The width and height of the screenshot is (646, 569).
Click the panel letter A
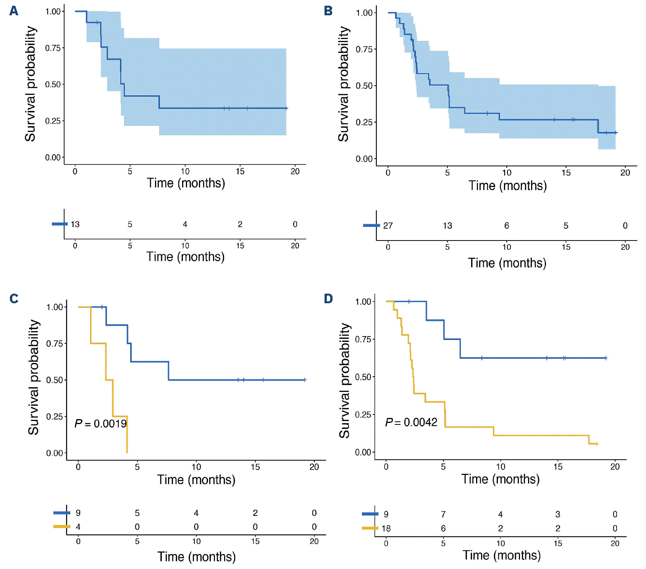click(x=14, y=11)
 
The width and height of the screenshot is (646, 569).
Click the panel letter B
click(x=328, y=11)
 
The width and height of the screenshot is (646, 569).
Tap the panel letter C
click(x=14, y=298)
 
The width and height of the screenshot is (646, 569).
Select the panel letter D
click(x=328, y=298)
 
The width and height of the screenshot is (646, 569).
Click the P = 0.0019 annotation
click(x=100, y=423)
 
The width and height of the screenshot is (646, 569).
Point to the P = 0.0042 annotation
click(x=411, y=422)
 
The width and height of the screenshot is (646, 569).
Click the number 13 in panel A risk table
click(x=75, y=224)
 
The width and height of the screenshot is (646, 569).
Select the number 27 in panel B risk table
click(x=388, y=226)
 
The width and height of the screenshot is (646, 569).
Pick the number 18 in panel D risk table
click(x=386, y=528)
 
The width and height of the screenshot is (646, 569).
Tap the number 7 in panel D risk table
click(x=443, y=514)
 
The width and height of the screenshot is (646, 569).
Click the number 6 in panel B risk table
click(x=507, y=226)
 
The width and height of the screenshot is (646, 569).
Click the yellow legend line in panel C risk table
click(x=61, y=527)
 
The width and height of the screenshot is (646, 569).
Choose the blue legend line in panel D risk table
click(x=370, y=514)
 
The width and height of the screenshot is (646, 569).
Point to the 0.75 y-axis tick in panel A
click(x=53, y=48)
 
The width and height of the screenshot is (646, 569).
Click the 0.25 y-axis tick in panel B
click(x=364, y=122)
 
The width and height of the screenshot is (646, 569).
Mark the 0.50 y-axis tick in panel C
click(x=54, y=380)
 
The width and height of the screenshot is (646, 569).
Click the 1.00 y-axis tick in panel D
click(x=363, y=301)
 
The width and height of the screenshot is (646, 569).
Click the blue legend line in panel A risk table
click(x=60, y=224)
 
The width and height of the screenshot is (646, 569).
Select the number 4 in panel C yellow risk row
click(x=78, y=527)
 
